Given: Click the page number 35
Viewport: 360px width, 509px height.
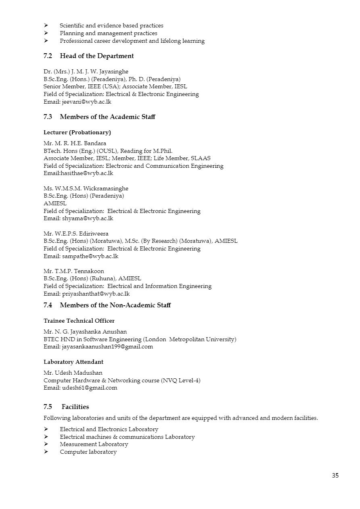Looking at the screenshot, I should point(335,476).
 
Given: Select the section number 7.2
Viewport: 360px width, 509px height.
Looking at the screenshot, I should point(48,56).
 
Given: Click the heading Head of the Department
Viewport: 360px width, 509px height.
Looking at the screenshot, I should point(97,56).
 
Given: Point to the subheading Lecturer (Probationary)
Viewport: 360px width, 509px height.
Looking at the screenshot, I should point(77,132).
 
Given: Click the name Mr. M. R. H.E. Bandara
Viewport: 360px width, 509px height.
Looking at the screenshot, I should point(75,143).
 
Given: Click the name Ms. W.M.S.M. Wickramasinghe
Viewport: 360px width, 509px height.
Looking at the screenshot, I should point(86,188).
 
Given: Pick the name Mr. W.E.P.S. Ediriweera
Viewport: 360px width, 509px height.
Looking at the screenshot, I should point(76,234).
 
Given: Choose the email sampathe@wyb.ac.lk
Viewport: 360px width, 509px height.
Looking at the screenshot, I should point(90,256).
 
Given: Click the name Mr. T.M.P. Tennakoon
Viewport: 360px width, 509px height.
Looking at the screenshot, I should point(74,271).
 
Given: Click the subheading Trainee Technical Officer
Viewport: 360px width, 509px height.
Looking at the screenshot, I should point(79,321).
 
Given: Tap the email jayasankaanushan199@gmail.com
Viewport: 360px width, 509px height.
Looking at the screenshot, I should point(107,347).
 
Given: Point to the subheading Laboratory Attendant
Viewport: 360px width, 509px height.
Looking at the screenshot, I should point(73,362).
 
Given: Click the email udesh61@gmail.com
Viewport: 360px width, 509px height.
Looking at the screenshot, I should point(89,388).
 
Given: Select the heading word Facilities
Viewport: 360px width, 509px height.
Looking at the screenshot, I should point(75,407).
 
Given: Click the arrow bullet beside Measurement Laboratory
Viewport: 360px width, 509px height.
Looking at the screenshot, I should point(46,444).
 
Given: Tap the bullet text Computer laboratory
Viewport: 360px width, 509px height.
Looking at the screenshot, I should point(88,452).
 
